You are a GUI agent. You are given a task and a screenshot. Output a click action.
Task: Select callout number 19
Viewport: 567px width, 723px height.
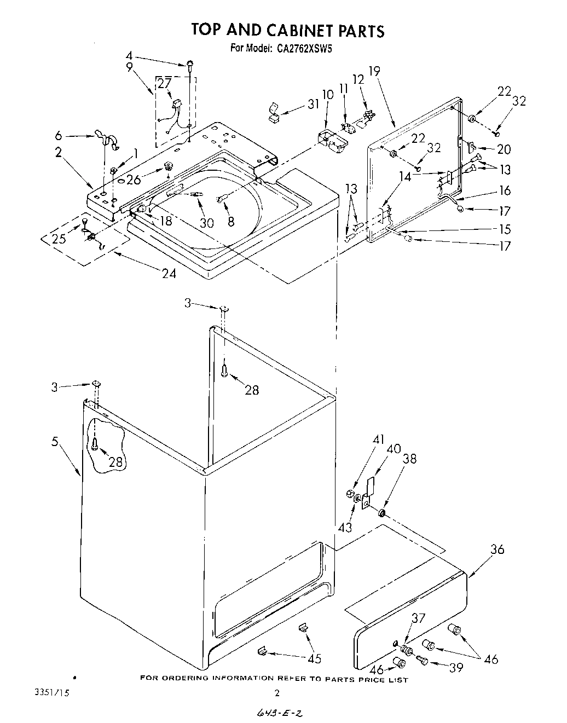[x=374, y=71]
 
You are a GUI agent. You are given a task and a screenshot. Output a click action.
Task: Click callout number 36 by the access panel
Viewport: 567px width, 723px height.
[x=497, y=550]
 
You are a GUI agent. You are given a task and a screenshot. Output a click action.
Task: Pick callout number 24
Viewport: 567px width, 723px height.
[x=169, y=273]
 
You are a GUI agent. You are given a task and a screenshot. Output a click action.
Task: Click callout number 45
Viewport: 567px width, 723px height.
[x=314, y=658]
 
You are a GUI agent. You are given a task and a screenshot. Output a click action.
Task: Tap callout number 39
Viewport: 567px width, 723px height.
[x=455, y=667]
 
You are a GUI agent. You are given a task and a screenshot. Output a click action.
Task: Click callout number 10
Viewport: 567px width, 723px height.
[x=327, y=94]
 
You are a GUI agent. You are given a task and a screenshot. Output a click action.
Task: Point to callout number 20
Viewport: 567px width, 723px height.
[x=504, y=149]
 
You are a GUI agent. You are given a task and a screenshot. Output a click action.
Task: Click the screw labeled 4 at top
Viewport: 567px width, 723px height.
[x=189, y=65]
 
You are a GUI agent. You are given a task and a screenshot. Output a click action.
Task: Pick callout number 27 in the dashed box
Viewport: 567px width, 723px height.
[x=164, y=84]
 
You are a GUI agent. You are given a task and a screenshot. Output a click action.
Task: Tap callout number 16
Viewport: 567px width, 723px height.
[x=505, y=190]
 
